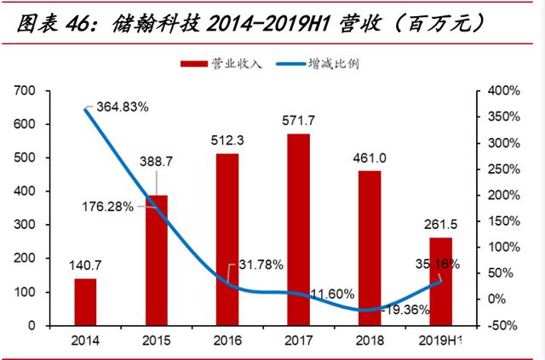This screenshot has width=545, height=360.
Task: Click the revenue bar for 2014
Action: (85, 301)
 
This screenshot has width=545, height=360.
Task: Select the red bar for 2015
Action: (156, 260)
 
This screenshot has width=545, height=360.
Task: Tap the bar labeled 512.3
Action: (227, 239)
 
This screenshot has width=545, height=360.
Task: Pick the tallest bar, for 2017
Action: (299, 229)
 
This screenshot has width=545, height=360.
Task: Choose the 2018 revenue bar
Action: (370, 248)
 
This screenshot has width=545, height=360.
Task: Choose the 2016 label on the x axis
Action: (227, 342)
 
